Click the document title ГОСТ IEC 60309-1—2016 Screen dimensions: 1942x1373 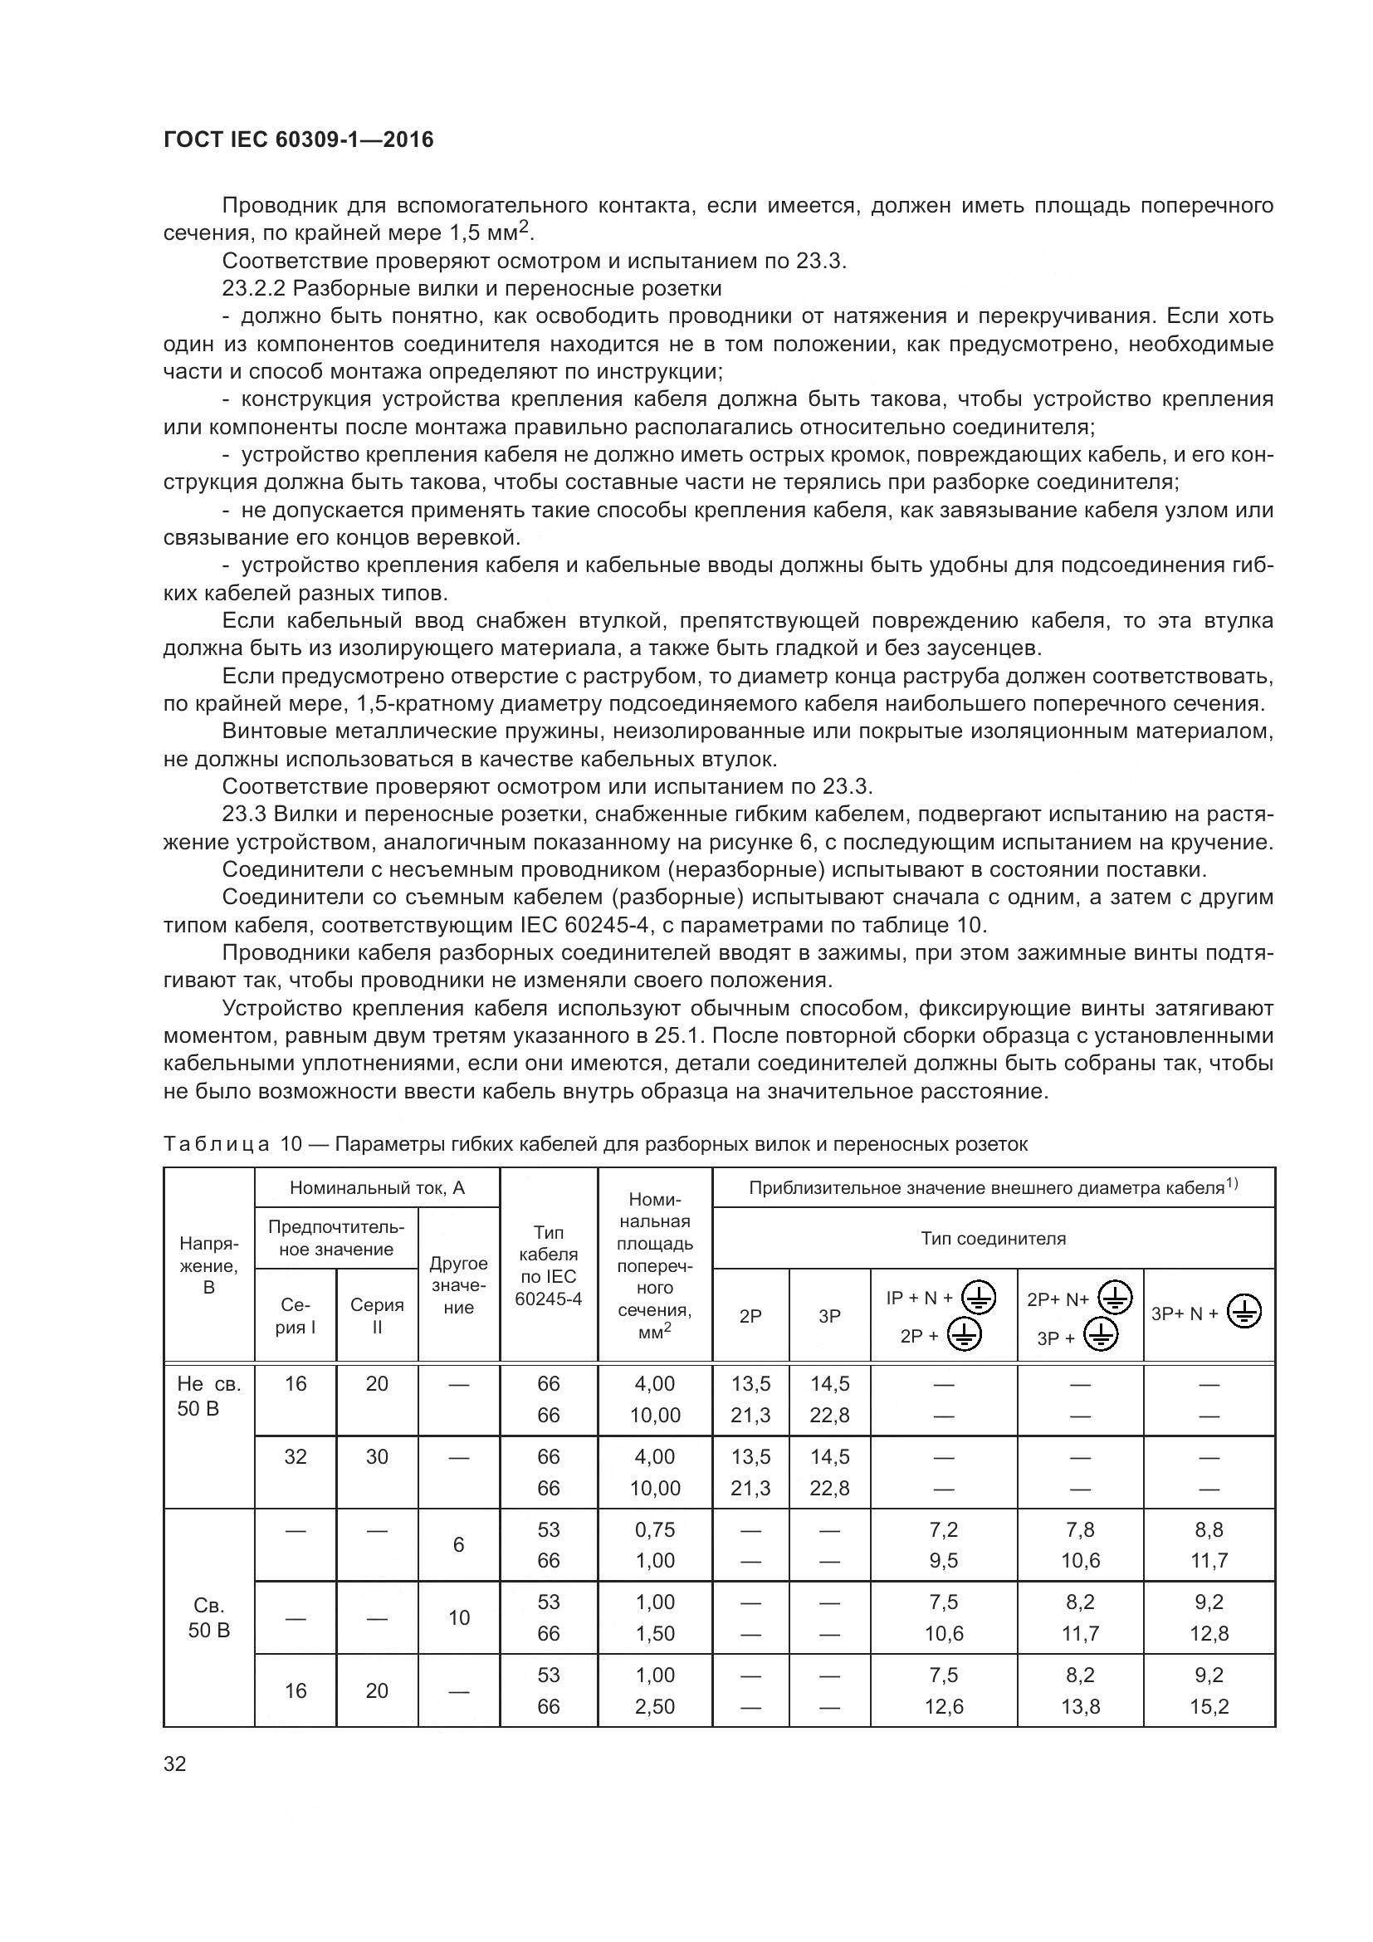click(298, 139)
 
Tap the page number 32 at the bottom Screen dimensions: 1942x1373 click(175, 1763)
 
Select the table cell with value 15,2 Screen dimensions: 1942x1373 click(1208, 1706)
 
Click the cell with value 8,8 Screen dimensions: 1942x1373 click(1208, 1529)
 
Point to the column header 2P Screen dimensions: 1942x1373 click(750, 1315)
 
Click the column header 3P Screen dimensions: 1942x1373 click(829, 1315)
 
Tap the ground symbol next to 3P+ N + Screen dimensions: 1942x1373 click(1244, 1313)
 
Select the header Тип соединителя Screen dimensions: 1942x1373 click(993, 1238)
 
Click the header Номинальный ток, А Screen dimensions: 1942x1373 click(377, 1187)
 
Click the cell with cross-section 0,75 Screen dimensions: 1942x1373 click(654, 1529)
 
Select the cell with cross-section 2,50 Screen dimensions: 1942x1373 click(654, 1706)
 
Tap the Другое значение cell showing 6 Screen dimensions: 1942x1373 click(458, 1544)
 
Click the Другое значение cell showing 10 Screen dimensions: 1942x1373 click(458, 1617)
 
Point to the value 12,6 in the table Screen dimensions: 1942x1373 click(944, 1706)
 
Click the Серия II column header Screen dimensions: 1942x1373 click(377, 1315)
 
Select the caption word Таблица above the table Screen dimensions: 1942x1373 click(216, 1144)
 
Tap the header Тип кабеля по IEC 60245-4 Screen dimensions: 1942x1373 click(548, 1265)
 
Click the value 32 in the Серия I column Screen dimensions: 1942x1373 click(295, 1456)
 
